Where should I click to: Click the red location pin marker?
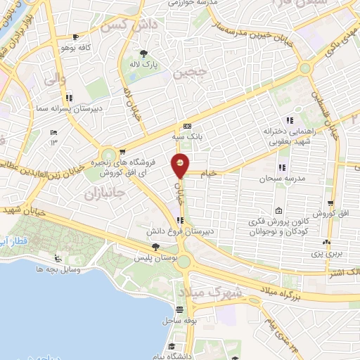(x=181, y=166)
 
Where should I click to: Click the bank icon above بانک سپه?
(x=186, y=126)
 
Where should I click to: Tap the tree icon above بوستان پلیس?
(x=155, y=247)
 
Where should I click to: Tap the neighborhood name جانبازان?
(x=104, y=191)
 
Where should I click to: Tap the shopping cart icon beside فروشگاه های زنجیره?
(x=122, y=150)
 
